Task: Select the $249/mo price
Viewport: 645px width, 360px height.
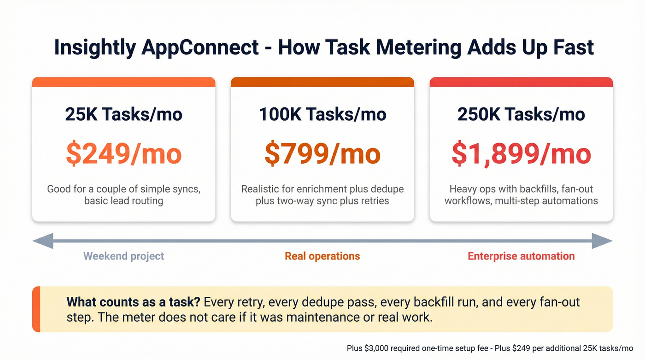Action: [123, 154]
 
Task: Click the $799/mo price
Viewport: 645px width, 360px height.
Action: [322, 154]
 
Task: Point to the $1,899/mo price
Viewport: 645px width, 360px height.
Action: [521, 154]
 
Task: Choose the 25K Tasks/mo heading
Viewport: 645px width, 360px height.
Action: [123, 114]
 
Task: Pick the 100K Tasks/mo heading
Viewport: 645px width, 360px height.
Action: [322, 114]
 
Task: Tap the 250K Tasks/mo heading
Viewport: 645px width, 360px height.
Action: [521, 114]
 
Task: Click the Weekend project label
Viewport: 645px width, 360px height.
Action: [123, 256]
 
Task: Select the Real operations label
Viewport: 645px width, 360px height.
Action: [322, 256]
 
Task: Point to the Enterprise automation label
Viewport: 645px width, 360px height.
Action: [521, 256]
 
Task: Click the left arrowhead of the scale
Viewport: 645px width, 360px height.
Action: [43, 241]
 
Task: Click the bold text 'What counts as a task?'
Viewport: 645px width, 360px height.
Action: [133, 302]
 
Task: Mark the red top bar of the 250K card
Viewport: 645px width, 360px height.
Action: [521, 82]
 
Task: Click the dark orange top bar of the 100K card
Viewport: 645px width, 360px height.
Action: [322, 82]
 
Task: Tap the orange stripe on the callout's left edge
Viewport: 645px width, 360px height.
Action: [36, 309]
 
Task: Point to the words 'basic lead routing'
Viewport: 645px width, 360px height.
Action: [123, 201]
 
